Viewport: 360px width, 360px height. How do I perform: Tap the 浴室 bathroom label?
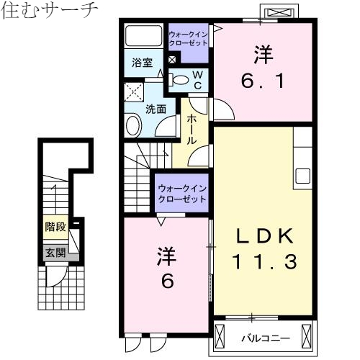point(141,63)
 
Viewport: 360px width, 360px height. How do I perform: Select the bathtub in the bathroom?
point(143,37)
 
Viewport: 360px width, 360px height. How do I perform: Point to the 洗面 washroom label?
point(156,109)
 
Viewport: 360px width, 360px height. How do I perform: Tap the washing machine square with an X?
point(133,91)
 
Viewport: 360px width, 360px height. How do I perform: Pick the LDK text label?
point(262,235)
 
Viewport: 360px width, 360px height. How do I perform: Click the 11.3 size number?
point(262,261)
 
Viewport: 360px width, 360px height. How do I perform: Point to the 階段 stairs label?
point(55,227)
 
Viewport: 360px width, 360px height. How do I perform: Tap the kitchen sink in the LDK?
point(302,175)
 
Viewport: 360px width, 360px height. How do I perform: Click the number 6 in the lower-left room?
point(166,281)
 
